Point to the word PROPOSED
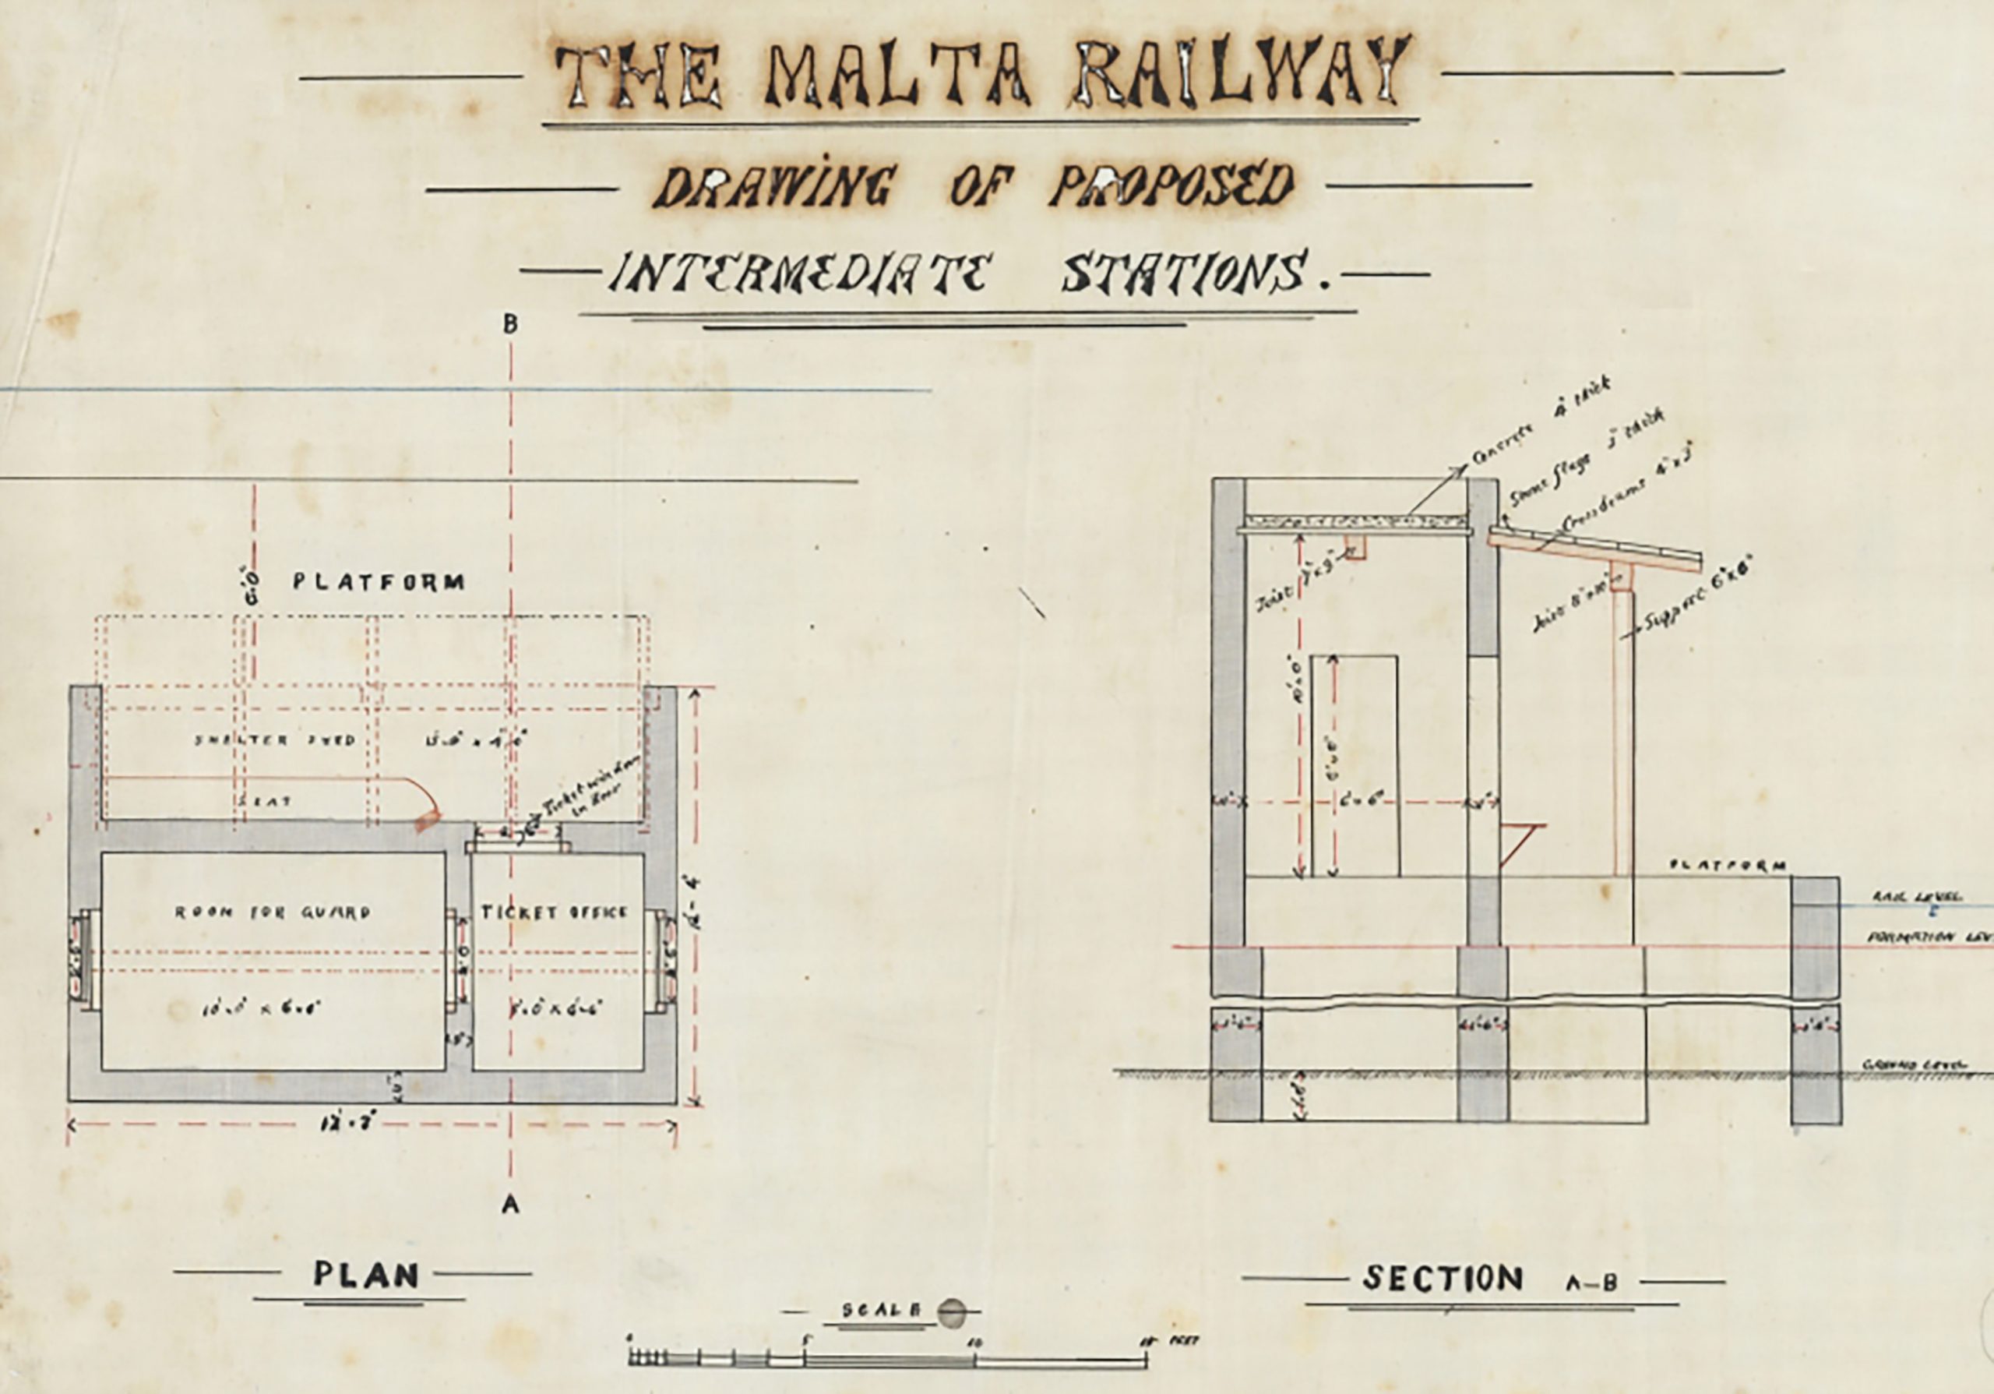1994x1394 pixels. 1172,185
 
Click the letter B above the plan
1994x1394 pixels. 511,324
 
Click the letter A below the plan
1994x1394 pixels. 511,1204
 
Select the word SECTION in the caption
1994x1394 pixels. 1443,1279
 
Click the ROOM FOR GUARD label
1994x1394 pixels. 273,912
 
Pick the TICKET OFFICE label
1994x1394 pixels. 555,912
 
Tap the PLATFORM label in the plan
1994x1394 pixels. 378,582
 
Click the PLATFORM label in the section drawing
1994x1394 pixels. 1729,866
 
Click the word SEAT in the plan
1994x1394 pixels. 265,801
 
